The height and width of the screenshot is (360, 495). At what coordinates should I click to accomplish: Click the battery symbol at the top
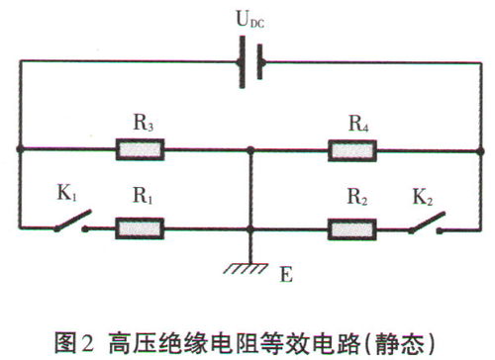coord(248,60)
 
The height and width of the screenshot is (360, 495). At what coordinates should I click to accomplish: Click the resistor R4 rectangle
coord(351,150)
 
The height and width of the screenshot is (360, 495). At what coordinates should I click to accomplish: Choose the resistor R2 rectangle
coord(351,228)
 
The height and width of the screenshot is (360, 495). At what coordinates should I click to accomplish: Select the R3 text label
coord(144,124)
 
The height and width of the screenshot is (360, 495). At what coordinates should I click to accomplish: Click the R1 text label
coord(144,198)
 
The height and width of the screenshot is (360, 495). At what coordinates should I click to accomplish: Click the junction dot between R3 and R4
coord(252,150)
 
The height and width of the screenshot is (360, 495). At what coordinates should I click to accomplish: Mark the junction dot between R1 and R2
coord(252,228)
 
